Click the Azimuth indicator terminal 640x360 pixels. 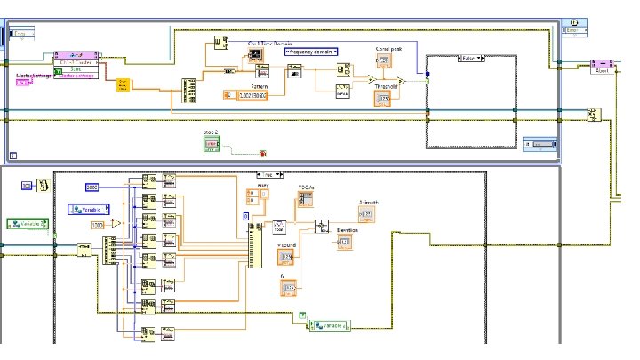[366, 215]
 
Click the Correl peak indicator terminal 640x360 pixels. [383, 60]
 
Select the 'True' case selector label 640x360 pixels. [268, 176]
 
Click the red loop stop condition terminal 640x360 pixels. [261, 154]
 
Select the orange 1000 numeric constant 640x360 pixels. [99, 226]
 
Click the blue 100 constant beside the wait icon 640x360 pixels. [27, 185]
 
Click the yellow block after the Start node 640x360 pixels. [124, 84]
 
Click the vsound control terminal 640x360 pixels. [286, 258]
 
